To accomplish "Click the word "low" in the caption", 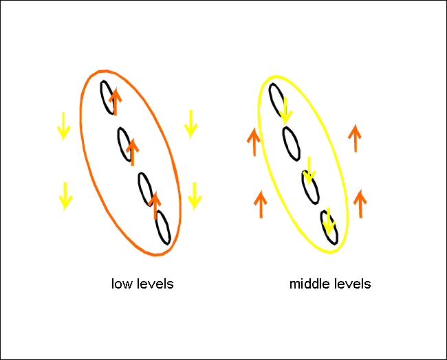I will point(121,284).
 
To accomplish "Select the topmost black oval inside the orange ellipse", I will point(108,98).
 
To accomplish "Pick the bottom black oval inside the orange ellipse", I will point(162,227).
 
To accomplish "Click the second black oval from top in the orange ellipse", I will point(126,144).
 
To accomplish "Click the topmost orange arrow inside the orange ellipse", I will point(115,102).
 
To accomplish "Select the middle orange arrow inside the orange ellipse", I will point(133,147).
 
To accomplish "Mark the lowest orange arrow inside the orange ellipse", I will point(155,205).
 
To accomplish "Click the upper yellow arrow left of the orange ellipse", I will point(63,126).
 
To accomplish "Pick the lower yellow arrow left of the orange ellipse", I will point(65,195).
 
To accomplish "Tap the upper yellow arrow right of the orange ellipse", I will point(191,122).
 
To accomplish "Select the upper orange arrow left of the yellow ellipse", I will point(254,142).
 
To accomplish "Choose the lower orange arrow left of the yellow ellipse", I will point(261,205).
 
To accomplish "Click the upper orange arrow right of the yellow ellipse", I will point(355,138).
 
